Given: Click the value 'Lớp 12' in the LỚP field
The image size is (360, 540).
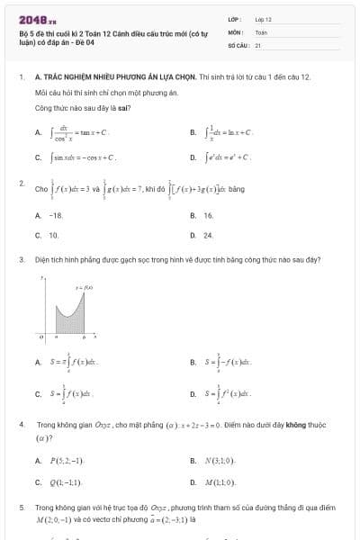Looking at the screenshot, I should tap(263, 18).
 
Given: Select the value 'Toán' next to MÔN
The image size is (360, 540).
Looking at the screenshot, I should tap(261, 31).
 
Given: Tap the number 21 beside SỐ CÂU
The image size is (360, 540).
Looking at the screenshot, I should tap(258, 43).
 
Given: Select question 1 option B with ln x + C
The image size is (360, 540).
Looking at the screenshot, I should tap(229, 131).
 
